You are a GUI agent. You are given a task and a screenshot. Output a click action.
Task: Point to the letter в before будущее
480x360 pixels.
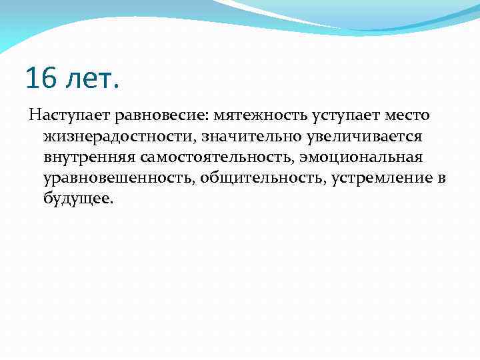tap(441, 179)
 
